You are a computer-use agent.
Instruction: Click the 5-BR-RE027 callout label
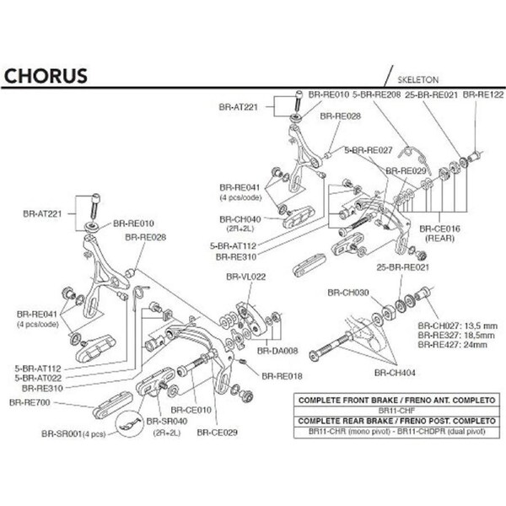(x=368, y=148)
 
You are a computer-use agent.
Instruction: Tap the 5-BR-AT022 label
(x=35, y=379)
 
